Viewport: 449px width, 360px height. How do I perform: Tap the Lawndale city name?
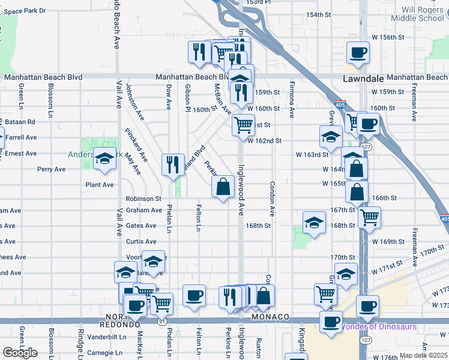click(363, 79)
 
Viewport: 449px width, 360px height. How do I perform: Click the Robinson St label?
click(143, 199)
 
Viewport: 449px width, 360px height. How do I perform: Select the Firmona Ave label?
click(292, 99)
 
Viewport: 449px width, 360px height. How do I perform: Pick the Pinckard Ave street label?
click(136, 145)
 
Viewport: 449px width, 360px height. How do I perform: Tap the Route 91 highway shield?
click(163, 322)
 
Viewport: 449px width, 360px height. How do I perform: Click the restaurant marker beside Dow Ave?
click(173, 164)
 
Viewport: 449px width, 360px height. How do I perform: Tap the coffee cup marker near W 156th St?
click(358, 52)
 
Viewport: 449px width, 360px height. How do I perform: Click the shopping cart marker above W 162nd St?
click(243, 125)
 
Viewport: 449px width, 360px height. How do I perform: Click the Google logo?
click(20, 352)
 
